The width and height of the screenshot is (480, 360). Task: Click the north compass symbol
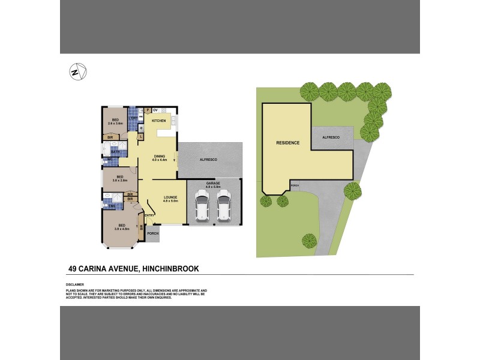click(x=75, y=71)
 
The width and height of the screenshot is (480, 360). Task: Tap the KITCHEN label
click(x=158, y=121)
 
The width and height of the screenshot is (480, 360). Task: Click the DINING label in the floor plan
click(x=159, y=156)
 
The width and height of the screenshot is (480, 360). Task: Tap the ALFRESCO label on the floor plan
click(x=208, y=160)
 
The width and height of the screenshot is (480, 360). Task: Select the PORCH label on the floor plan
click(x=152, y=233)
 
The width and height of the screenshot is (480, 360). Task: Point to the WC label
click(x=110, y=159)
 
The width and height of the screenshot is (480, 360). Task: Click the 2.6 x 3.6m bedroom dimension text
click(x=115, y=124)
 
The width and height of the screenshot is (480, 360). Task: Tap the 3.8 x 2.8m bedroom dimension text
click(x=120, y=180)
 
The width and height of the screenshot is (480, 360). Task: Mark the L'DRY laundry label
click(x=133, y=118)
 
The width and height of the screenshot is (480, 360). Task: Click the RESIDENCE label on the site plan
click(x=287, y=143)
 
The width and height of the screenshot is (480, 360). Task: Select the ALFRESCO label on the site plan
click(x=331, y=137)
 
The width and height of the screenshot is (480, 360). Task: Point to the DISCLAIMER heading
click(x=75, y=284)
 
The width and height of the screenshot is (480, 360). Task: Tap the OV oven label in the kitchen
click(x=155, y=110)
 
